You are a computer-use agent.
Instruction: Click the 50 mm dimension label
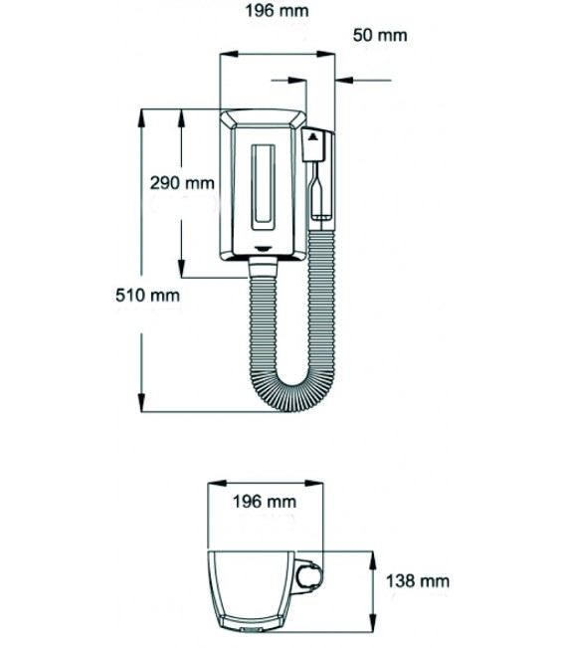(380, 35)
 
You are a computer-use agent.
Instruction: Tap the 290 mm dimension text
(182, 183)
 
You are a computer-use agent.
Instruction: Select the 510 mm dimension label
(148, 295)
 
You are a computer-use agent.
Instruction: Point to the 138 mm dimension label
(418, 581)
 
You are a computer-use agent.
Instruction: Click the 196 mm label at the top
(278, 11)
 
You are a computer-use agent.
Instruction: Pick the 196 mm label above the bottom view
(265, 502)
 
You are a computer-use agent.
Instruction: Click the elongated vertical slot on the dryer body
(264, 187)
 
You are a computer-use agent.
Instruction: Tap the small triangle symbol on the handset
(313, 136)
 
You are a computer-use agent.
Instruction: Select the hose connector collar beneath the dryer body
(263, 267)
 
